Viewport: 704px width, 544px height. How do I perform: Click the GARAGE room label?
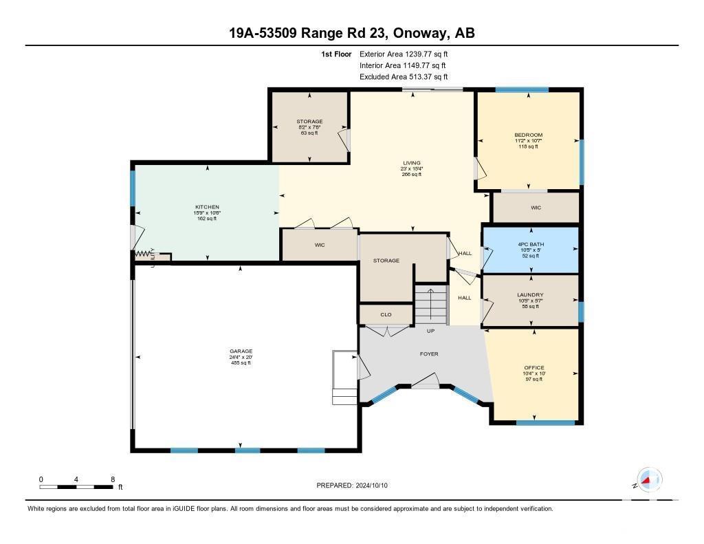241,351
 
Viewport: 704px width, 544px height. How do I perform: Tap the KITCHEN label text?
207,207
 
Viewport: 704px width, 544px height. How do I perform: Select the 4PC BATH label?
531,244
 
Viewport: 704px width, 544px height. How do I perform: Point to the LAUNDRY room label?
530,295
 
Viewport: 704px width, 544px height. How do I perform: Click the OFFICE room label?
533,367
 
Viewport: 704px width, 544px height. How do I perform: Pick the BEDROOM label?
529,135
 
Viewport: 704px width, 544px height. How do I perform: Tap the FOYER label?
429,354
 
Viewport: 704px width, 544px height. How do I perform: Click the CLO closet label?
386,314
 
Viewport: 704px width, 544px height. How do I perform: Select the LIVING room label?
412,163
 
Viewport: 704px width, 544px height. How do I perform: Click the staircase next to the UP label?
430,305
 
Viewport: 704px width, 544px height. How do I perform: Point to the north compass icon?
649,480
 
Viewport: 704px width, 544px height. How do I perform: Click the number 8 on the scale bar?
113,479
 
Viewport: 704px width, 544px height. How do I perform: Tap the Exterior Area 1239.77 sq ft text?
404,54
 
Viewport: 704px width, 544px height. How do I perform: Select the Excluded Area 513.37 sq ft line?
404,77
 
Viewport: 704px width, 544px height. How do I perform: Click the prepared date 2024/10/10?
372,486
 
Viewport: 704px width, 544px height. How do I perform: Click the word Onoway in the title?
423,33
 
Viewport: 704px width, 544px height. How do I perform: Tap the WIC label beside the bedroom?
536,208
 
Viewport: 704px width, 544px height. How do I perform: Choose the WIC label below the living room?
320,246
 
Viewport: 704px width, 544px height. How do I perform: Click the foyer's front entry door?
426,380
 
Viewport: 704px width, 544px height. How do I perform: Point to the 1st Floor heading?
336,54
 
